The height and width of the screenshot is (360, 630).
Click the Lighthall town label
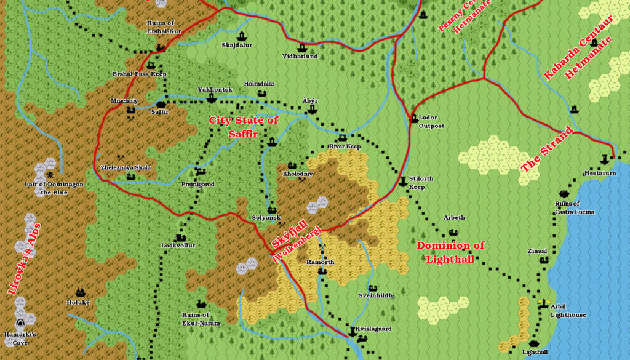coord(535,353)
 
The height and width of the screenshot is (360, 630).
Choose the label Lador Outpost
coord(431,121)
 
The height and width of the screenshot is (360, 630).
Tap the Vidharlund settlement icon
coord(301,47)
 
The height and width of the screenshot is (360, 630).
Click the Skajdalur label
coord(237,45)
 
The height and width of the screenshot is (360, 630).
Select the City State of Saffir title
coord(243,127)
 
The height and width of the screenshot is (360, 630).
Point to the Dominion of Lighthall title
coord(451,252)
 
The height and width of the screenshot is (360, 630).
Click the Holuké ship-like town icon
coord(79,292)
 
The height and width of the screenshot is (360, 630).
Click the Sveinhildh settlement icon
coord(372,287)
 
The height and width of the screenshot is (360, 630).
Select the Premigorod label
coord(198,184)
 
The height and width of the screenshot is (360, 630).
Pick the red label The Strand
coord(547,150)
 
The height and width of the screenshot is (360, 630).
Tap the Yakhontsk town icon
coord(212,98)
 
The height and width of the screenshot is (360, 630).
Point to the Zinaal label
coord(537,251)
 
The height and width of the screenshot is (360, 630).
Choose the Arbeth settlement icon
coord(453,232)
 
